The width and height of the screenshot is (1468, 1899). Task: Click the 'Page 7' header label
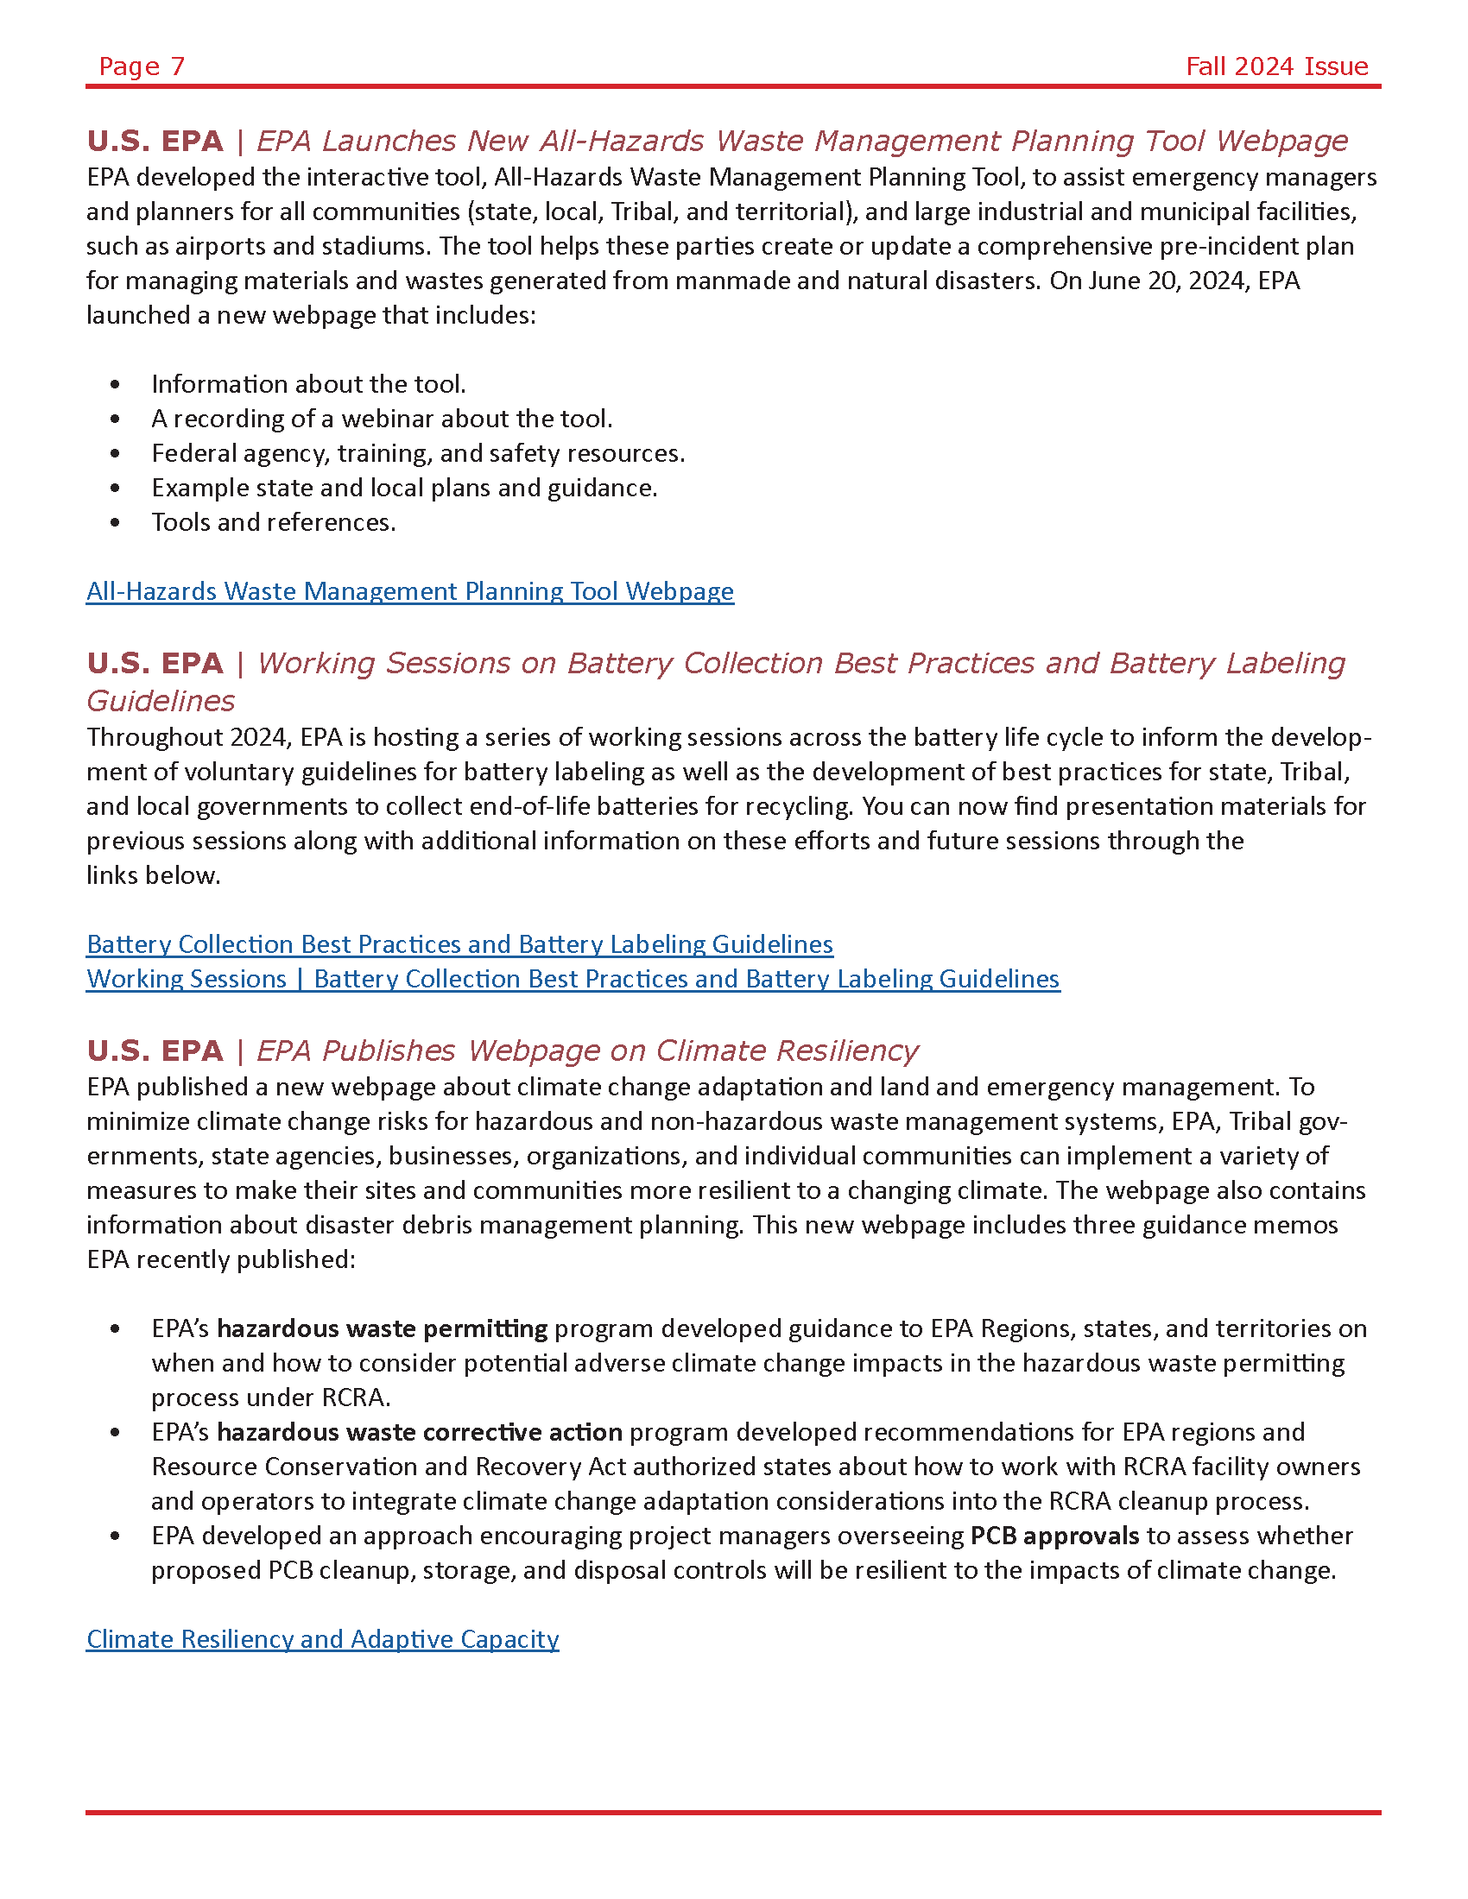click(142, 66)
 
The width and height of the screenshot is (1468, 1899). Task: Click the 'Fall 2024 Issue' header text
click(1276, 66)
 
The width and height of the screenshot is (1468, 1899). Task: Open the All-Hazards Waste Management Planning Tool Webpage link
click(409, 591)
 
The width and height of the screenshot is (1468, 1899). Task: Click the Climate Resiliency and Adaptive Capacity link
click(323, 1639)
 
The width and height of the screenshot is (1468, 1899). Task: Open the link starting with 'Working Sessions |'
click(573, 979)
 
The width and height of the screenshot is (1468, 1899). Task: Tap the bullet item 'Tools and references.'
click(273, 522)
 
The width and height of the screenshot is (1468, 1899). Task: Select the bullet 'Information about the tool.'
click(309, 384)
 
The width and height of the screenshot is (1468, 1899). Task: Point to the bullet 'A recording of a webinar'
click(382, 420)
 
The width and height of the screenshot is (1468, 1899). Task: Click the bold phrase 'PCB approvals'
click(1054, 1536)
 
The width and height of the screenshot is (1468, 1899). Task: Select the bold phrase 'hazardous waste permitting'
click(382, 1328)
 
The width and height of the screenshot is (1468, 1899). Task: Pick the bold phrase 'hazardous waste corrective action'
click(419, 1432)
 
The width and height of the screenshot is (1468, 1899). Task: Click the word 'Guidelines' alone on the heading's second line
click(161, 701)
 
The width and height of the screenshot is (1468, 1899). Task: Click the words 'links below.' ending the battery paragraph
click(153, 875)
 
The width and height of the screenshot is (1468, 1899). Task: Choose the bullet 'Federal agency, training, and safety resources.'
click(418, 453)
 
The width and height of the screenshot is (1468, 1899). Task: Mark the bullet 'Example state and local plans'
click(404, 488)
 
